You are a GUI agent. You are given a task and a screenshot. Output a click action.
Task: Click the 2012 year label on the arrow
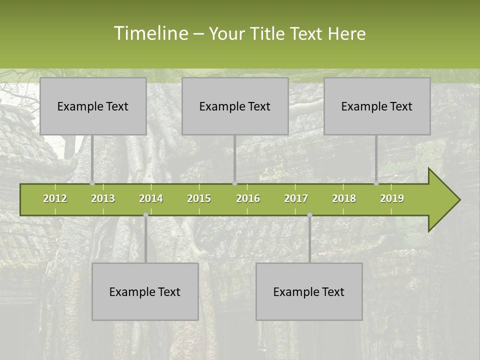(55, 198)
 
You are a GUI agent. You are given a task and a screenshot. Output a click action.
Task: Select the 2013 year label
(103, 198)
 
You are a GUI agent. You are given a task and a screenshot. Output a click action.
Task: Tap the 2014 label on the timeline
(151, 198)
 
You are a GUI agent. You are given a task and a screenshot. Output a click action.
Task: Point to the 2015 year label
(199, 198)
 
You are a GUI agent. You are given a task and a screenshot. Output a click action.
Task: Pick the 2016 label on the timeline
(248, 198)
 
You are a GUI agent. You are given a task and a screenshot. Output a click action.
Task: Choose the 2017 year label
(296, 198)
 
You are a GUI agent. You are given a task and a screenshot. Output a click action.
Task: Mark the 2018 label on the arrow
(344, 198)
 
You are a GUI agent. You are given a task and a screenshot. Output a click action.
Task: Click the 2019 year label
(392, 198)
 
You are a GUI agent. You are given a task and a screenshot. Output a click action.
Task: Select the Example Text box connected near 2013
(93, 106)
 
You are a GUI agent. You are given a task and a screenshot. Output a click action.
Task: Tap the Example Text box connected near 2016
(235, 106)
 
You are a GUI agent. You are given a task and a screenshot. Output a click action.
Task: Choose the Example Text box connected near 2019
(377, 106)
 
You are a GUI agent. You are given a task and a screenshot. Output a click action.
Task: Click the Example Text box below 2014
(145, 291)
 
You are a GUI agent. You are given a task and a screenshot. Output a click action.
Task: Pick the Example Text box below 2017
(309, 291)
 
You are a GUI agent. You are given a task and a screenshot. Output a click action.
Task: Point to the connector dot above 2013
(92, 183)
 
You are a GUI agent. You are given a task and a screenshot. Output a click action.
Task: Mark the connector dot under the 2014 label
(145, 215)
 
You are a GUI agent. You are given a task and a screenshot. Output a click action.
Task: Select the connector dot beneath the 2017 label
(309, 215)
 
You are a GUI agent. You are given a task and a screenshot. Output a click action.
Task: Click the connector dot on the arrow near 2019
(376, 183)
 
